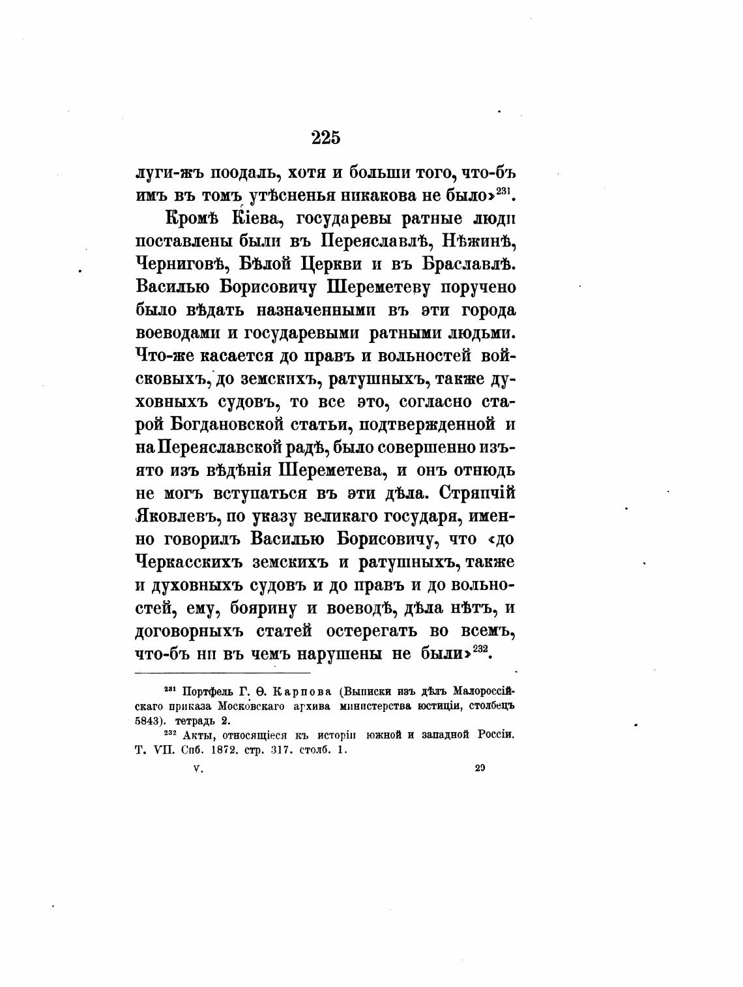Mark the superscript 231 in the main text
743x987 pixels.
pyautogui.click(x=505, y=191)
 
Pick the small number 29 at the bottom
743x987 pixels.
pyautogui.click(x=480, y=768)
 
